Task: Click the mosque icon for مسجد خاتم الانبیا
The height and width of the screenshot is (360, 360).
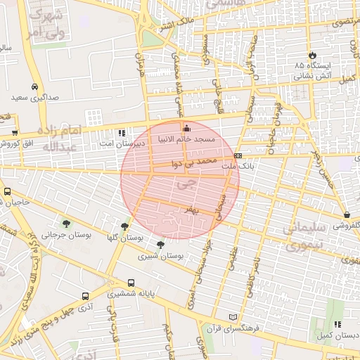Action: (186, 129)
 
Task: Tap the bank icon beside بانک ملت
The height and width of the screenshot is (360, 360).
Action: (238, 156)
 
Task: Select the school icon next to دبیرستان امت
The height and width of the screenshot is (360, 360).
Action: (122, 132)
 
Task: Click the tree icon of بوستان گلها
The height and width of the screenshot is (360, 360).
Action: (124, 226)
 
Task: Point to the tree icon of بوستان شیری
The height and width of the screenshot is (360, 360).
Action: (161, 245)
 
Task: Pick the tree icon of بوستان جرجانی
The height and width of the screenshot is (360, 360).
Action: (66, 223)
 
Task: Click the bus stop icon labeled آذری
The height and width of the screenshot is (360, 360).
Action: (85, 297)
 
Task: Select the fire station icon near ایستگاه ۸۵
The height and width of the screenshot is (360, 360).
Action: (312, 55)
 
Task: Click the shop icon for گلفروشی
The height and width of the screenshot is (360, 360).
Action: (347, 215)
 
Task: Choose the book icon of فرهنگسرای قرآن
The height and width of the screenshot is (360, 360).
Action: (233, 317)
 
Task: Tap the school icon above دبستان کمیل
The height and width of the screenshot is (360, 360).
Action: (338, 325)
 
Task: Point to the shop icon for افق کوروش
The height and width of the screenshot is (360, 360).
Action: (14, 132)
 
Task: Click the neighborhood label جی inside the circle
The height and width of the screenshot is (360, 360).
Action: (184, 186)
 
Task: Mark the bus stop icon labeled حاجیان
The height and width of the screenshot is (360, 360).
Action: (7, 191)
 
